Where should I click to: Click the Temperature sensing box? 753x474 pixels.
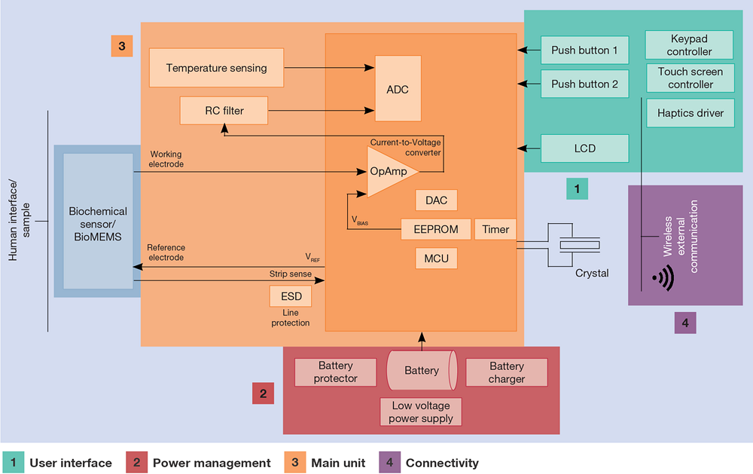(216, 68)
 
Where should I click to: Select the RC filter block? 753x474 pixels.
(224, 111)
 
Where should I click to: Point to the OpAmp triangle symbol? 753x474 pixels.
(390, 172)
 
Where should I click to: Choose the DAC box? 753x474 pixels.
(436, 200)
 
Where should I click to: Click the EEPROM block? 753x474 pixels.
(435, 229)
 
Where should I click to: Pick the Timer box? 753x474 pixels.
(495, 229)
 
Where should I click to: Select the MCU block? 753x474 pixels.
(436, 258)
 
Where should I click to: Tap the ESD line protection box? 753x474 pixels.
(291, 296)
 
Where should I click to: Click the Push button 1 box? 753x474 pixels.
(584, 50)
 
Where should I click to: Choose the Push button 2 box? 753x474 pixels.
(584, 84)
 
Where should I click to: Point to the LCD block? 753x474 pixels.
(584, 148)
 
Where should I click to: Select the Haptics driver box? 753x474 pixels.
(690, 113)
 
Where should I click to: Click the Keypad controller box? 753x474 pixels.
(689, 44)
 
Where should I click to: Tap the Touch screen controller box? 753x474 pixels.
(690, 78)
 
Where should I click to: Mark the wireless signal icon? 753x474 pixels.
(663, 278)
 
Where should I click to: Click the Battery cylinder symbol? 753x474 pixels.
(422, 370)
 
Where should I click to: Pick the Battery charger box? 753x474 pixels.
(506, 372)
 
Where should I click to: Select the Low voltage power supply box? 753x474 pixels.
(421, 411)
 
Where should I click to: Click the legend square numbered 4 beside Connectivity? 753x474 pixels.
(389, 463)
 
